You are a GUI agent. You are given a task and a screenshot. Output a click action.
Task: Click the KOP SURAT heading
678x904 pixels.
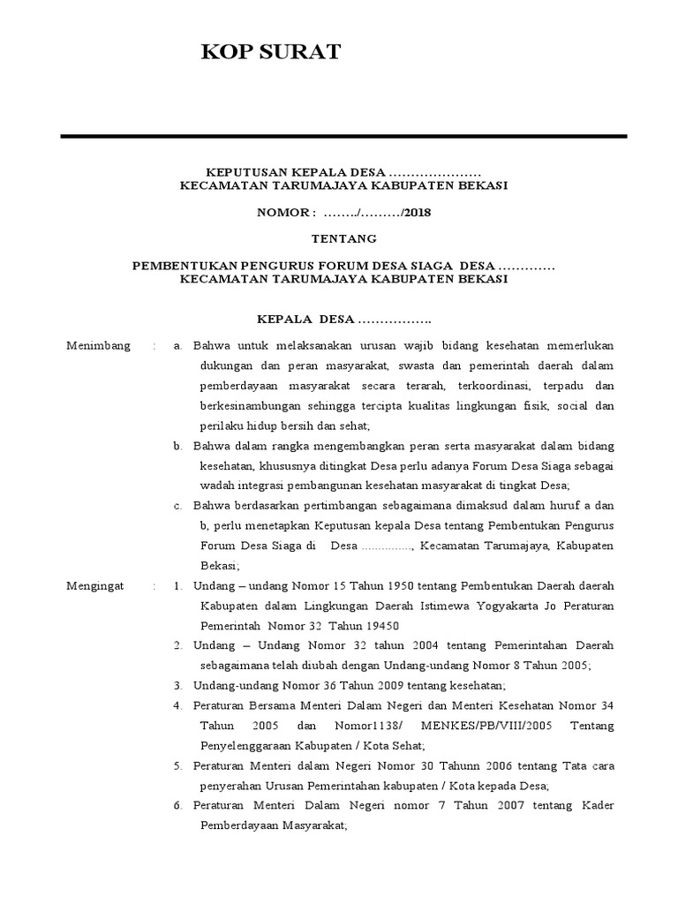tap(270, 53)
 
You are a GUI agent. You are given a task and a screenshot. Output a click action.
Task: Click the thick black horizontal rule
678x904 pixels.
tap(343, 137)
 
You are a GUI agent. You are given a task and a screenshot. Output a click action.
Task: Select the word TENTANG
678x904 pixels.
tap(344, 238)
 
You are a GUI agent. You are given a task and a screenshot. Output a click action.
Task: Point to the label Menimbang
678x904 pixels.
tap(98, 344)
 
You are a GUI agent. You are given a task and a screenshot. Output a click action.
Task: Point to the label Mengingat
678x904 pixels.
tap(96, 585)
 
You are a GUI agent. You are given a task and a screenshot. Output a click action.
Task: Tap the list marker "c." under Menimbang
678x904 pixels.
tap(177, 506)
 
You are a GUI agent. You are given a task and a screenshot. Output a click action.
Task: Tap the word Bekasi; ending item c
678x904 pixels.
tap(216, 566)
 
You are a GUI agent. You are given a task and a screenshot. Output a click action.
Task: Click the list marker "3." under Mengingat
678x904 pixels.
tap(177, 685)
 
